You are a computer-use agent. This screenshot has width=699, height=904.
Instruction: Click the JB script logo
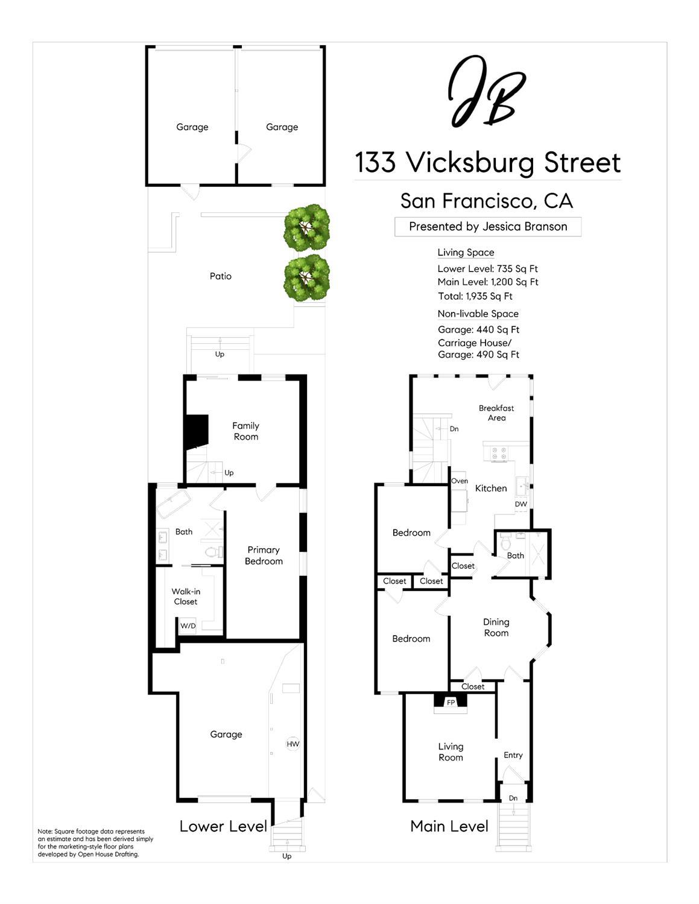point(486,92)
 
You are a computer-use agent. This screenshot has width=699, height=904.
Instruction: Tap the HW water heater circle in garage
point(293,744)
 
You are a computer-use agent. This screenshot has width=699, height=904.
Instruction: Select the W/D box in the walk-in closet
point(188,626)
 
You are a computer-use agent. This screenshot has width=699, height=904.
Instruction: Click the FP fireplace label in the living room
point(451,702)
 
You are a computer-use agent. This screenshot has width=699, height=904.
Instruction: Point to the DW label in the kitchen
point(520,504)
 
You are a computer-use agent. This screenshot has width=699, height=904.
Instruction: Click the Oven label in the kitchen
point(459,481)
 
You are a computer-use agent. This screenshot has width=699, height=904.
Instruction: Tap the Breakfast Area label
point(496,412)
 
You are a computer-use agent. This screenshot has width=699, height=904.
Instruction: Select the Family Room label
point(245,431)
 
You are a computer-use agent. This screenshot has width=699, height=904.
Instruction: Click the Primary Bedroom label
point(264,555)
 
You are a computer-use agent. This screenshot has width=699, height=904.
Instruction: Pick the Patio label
point(220,276)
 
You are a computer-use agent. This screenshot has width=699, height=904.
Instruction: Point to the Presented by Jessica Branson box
point(487,227)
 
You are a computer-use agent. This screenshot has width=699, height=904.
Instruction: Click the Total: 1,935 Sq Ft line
point(475,296)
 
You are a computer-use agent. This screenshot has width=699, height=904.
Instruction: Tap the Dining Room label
point(496,627)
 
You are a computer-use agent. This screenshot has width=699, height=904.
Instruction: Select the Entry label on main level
point(513,755)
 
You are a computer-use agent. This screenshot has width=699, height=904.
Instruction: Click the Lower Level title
point(223,826)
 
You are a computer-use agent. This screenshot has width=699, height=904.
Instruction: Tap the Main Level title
point(449,826)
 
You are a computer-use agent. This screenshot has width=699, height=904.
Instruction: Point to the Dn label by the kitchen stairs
point(454,429)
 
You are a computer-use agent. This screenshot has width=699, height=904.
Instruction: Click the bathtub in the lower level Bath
point(174,504)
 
